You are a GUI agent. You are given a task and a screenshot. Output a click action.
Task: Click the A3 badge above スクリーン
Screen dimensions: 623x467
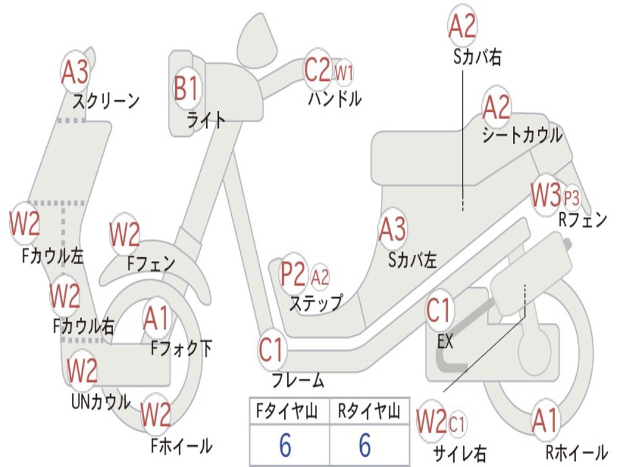tap(75, 72)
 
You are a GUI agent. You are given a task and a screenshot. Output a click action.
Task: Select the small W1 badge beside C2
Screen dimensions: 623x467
tap(344, 73)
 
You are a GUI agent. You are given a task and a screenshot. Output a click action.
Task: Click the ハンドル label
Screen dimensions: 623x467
tap(334, 98)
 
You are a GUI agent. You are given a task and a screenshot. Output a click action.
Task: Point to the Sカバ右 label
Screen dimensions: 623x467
tap(478, 57)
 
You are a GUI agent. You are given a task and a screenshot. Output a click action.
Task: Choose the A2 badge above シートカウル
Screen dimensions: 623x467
tap(496, 108)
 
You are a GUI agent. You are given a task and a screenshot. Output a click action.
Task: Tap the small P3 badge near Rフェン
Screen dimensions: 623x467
tap(571, 196)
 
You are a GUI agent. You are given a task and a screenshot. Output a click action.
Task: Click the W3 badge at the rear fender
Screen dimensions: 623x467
tap(545, 195)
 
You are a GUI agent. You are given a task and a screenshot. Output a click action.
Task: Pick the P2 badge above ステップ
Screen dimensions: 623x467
tap(293, 275)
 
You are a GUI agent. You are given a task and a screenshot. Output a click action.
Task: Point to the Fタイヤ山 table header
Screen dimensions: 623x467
tap(285, 412)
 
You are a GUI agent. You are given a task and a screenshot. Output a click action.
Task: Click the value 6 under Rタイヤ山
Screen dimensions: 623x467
tap(364, 446)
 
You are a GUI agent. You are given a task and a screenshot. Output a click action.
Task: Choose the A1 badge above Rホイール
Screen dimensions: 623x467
tap(545, 420)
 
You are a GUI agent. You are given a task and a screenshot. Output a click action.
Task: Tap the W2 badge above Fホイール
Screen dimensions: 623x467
tap(156, 416)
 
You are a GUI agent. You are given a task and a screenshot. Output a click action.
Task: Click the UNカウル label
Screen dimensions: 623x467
tap(100, 402)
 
